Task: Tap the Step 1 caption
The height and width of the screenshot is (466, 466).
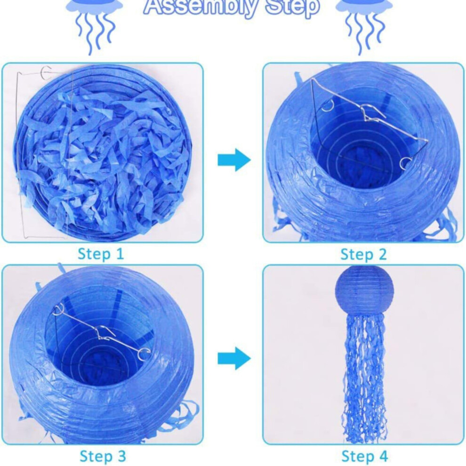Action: (x=100, y=254)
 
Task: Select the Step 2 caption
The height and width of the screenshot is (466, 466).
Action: (x=363, y=255)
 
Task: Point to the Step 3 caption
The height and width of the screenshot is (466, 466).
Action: (x=103, y=456)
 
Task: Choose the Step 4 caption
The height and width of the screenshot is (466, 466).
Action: (x=365, y=456)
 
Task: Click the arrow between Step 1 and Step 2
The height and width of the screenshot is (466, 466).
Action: (x=234, y=160)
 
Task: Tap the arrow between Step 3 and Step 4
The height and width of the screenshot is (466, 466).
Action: (x=234, y=358)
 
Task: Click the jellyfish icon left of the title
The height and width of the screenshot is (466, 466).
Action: (x=94, y=24)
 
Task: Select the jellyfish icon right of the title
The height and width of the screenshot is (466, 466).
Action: (x=364, y=24)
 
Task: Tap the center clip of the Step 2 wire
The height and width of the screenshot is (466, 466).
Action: (x=373, y=113)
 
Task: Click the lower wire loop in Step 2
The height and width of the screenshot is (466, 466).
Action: (x=406, y=163)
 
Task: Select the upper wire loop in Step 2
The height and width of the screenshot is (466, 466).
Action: (x=328, y=105)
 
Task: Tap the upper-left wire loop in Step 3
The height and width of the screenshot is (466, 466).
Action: (x=58, y=310)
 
